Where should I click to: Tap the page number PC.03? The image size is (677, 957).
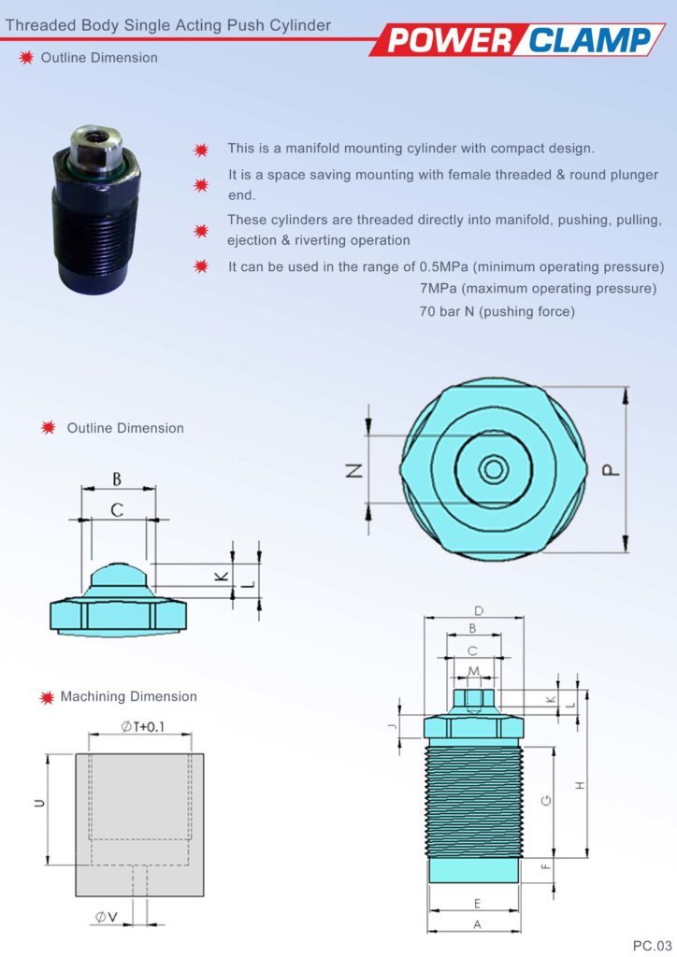(x=652, y=944)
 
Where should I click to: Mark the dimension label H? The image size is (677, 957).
(x=580, y=784)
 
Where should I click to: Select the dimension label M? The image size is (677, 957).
(x=474, y=671)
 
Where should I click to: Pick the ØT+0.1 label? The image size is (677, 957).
(x=143, y=728)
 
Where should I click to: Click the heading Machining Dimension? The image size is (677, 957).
(x=129, y=696)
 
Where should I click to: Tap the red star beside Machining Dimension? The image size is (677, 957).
(x=44, y=697)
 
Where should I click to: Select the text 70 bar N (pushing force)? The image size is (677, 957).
(x=497, y=310)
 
